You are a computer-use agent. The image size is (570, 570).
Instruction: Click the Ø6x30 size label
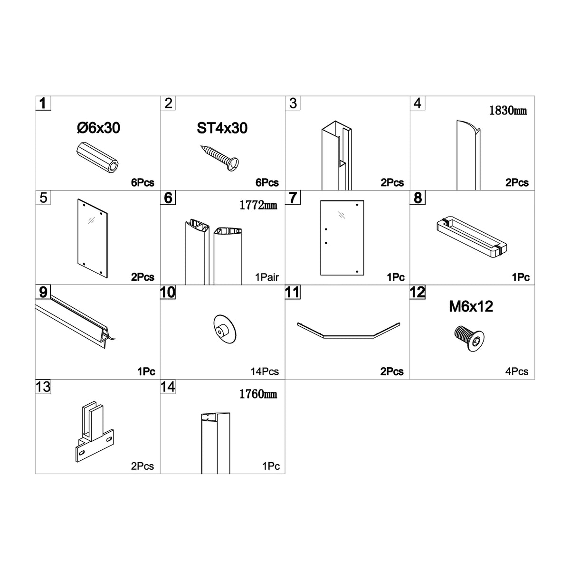coord(98,128)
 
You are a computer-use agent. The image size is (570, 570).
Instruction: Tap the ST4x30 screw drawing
coord(219,158)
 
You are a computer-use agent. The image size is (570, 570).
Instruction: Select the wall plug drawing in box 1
coord(97,158)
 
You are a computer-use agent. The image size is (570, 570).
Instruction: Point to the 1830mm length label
coord(508,110)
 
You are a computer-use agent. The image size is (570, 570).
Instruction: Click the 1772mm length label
coord(258,205)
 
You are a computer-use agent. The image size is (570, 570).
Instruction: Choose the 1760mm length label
coord(258,394)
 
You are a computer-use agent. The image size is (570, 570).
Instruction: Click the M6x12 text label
coord(471,306)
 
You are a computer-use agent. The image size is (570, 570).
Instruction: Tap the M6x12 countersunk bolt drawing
coord(469,338)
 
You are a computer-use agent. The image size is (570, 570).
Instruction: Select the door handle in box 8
coord(472,237)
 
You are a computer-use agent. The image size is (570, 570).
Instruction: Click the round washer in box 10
coord(225,329)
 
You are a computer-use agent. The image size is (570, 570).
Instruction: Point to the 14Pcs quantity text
coord(265,371)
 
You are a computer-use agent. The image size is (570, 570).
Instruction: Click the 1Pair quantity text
coord(267,277)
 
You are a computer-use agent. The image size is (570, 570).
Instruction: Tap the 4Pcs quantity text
coord(517,371)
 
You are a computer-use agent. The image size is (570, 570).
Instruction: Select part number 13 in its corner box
coord(43,387)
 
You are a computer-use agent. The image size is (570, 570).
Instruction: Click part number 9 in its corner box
coord(43,292)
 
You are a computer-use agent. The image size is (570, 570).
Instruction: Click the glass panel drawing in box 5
coord(93,238)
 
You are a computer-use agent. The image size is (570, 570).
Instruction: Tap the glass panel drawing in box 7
coord(342,238)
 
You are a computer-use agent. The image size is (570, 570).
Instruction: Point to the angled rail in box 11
coord(349,336)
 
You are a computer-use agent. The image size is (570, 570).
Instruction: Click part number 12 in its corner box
coord(418,292)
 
